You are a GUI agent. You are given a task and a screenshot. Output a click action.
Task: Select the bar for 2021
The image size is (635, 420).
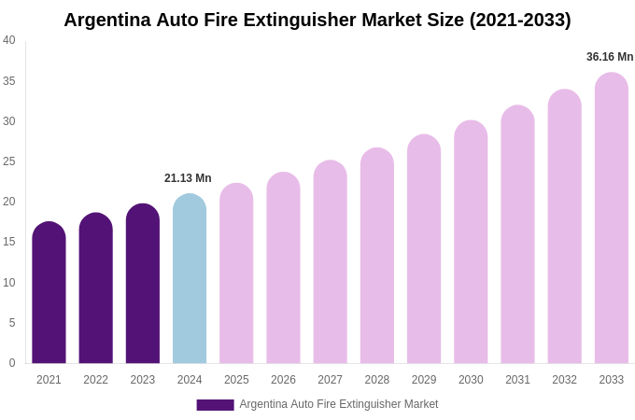(x=49, y=293)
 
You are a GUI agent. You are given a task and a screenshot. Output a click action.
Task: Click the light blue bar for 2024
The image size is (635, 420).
(x=190, y=279)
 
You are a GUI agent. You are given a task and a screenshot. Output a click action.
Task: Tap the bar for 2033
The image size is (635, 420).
(x=612, y=218)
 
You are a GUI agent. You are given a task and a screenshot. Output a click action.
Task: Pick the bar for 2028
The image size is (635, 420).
(x=377, y=256)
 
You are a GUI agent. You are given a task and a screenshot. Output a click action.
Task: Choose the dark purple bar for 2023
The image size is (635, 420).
(x=143, y=284)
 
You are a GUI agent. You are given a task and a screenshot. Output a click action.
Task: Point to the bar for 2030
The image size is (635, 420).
(x=471, y=243)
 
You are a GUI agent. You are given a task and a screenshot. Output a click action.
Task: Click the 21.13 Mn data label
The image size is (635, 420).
(x=188, y=178)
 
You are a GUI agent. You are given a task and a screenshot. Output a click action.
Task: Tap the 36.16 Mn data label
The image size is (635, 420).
(x=610, y=57)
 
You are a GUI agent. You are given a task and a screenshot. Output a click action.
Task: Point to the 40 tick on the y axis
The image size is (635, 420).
(x=9, y=40)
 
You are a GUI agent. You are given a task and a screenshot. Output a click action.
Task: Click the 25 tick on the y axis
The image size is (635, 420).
(x=9, y=161)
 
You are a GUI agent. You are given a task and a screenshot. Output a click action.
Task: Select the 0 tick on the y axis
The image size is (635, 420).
(x=12, y=363)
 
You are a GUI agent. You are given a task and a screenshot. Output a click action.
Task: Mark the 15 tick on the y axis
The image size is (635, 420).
(x=9, y=242)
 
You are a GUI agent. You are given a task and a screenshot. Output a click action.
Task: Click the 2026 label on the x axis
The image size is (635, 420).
(x=283, y=380)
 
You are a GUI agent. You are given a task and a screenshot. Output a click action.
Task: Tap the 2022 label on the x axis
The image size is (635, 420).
(x=95, y=380)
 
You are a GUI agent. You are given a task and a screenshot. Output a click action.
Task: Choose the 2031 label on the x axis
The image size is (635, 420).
(x=517, y=380)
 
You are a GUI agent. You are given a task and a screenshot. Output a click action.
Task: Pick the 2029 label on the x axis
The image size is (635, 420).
(x=424, y=380)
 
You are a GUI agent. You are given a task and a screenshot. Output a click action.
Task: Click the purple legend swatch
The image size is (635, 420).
(x=215, y=405)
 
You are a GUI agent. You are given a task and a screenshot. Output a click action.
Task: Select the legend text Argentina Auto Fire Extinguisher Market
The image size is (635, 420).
(x=338, y=404)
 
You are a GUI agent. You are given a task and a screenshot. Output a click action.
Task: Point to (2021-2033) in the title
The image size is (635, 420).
(x=520, y=20)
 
